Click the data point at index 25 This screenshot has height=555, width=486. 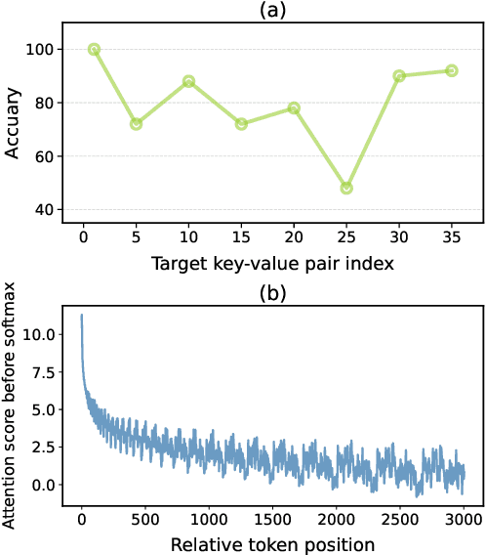[x=346, y=188]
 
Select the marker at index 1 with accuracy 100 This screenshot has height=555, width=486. [x=94, y=49]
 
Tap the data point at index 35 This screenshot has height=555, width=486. [x=452, y=70]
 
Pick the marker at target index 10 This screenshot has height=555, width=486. [x=188, y=81]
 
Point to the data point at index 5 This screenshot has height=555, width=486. [x=136, y=124]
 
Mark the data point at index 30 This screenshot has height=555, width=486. [x=399, y=75]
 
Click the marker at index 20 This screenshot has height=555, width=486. [x=294, y=107]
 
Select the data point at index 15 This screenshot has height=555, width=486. [x=241, y=124]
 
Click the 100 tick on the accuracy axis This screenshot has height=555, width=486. [x=44, y=49]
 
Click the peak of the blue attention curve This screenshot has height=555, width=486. [x=81, y=315]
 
